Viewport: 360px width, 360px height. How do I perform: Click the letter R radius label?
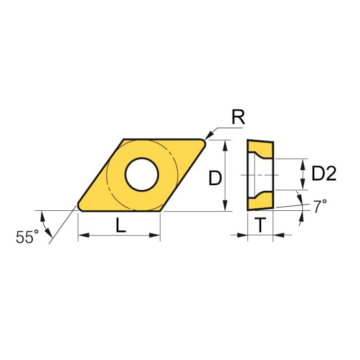(x=238, y=118)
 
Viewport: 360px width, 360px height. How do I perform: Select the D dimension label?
(x=215, y=178)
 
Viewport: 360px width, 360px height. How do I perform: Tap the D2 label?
(x=324, y=174)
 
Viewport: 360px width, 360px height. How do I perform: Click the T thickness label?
(x=261, y=225)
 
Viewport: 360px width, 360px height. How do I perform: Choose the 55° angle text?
(x=27, y=237)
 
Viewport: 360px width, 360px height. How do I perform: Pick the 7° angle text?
(x=320, y=207)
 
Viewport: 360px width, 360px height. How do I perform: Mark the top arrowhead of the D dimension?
(x=225, y=143)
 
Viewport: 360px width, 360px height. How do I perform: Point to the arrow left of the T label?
(x=243, y=235)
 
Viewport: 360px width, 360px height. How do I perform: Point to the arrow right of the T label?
(x=278, y=235)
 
